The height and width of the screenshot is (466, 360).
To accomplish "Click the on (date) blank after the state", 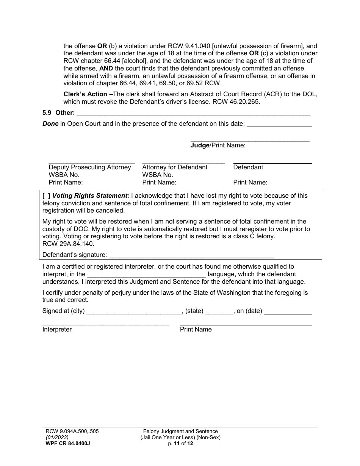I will (x=288, y=311).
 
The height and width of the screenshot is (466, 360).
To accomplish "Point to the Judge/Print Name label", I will (x=218, y=145).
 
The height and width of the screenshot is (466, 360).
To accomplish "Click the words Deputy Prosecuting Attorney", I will (x=90, y=167).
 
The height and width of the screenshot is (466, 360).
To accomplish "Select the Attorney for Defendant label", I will (x=175, y=167).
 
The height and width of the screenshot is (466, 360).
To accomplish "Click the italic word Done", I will (x=50, y=124).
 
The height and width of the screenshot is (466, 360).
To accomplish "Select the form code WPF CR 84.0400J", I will (x=66, y=444).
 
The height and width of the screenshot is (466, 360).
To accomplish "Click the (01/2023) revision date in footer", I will (x=55, y=437).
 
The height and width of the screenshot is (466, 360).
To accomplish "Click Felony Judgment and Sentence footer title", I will (x=180, y=431).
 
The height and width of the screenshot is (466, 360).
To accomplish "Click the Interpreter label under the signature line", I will (x=57, y=329).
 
